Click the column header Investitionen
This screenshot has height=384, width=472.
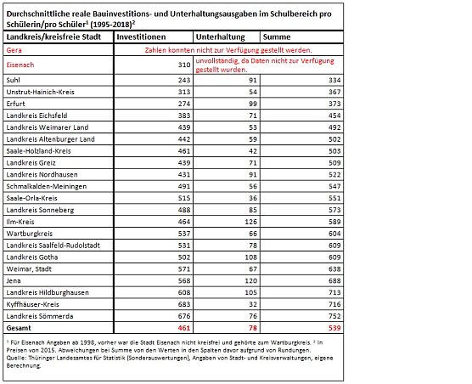point(140,38)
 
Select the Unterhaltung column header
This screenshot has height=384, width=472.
point(219,38)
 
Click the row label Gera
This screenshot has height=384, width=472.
point(14,51)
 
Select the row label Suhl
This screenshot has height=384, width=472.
point(14,79)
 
